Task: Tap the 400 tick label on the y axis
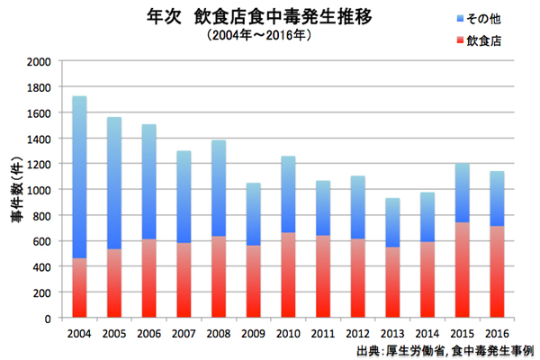41,267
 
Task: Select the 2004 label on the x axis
79,333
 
